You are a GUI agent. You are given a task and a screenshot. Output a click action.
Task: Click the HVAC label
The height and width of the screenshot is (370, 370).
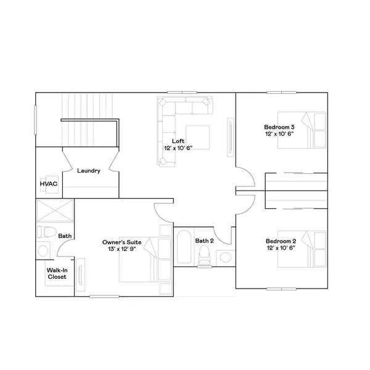coord(48,184)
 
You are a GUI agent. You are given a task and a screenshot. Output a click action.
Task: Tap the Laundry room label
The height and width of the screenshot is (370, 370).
coord(89,171)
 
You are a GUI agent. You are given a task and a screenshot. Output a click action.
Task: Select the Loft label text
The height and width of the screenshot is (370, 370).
coord(178,141)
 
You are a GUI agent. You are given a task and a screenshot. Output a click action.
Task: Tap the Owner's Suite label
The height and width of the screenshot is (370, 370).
coord(121,242)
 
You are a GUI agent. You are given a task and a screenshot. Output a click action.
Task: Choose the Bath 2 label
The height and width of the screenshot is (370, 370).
coord(204,240)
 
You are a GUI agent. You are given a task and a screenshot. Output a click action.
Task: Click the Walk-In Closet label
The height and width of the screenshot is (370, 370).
coord(57,273)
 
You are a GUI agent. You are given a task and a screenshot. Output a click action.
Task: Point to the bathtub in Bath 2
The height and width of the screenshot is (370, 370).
coord(184,247)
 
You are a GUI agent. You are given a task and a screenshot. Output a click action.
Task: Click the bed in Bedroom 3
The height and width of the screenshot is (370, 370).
coord(302,128)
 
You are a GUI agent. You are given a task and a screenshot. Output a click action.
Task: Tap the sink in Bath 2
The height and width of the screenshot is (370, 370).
coord(226,256)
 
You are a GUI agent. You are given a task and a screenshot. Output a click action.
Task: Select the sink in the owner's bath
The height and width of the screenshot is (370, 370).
coord(42,251)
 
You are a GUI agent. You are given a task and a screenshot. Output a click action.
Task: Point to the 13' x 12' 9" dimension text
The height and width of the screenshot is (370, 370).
coord(121,250)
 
